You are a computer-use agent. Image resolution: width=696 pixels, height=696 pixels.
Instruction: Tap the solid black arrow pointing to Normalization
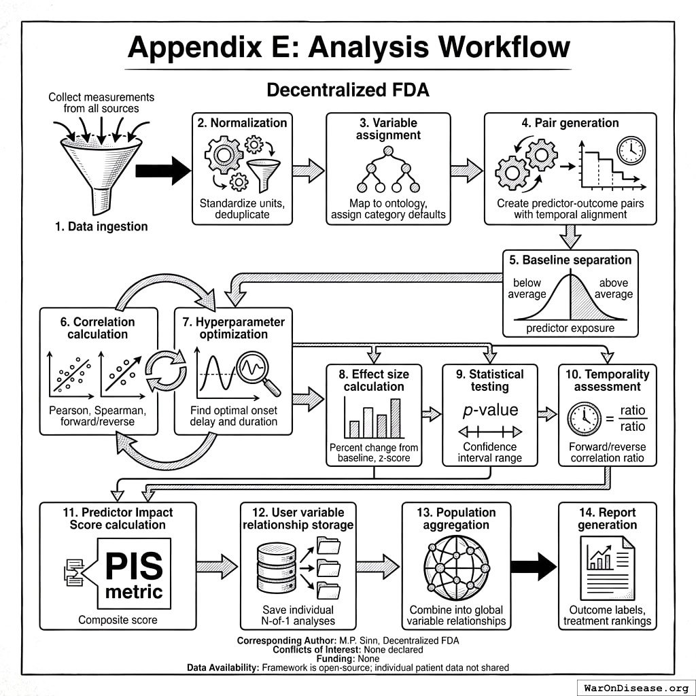(x=163, y=171)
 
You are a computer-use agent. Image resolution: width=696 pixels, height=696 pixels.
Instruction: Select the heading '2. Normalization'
(x=242, y=123)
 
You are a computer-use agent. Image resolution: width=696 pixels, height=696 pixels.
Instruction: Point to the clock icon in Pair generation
(x=631, y=150)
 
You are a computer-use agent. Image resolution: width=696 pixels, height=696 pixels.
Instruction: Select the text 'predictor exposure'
(x=570, y=328)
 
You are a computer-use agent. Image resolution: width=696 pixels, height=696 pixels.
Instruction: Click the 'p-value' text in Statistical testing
(x=490, y=410)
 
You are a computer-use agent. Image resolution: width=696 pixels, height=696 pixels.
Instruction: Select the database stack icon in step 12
(x=277, y=568)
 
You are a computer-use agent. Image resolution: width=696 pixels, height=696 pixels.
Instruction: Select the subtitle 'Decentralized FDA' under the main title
(x=347, y=90)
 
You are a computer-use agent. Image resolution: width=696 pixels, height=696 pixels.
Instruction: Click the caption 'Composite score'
(x=118, y=619)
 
